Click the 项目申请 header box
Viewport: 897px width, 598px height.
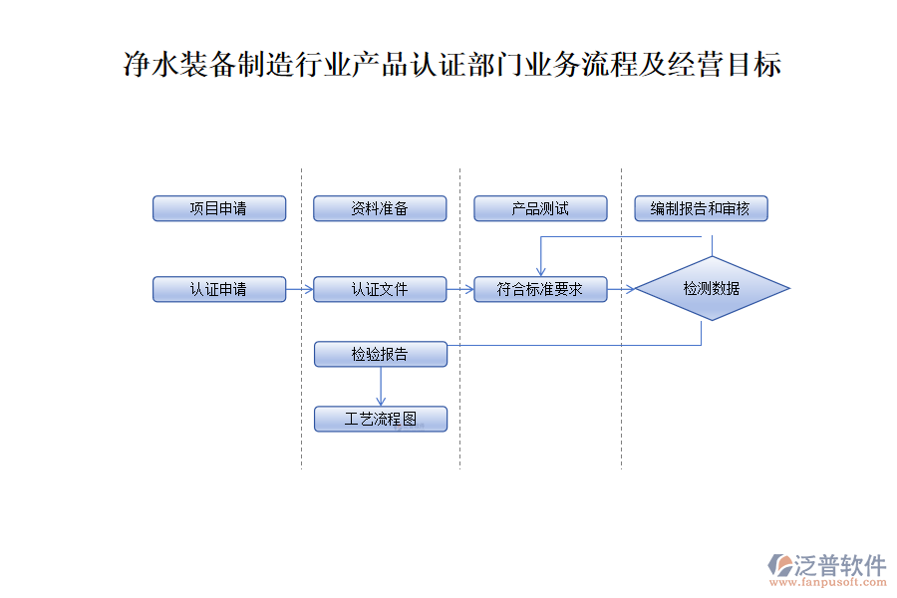coord(219,208)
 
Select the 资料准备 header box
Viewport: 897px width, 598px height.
coord(380,208)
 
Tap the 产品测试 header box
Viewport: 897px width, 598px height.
coord(540,208)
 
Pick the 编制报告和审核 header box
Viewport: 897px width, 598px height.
coord(701,208)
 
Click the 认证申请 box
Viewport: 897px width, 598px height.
coord(219,289)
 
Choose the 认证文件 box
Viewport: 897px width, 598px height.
coord(380,289)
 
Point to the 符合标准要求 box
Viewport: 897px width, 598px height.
coord(540,289)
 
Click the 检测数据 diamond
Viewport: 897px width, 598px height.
coord(712,289)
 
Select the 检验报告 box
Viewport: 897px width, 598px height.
coord(380,354)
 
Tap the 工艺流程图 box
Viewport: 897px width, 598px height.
coord(380,419)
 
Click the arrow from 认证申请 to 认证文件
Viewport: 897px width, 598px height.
coord(299,289)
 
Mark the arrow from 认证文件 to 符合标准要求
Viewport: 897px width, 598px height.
coord(459,289)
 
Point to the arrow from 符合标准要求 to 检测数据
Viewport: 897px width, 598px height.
coord(621,289)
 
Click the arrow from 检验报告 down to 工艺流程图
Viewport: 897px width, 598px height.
coord(380,387)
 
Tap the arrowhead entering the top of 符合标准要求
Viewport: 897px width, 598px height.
coord(540,270)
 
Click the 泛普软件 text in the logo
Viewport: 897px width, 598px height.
coord(840,564)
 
